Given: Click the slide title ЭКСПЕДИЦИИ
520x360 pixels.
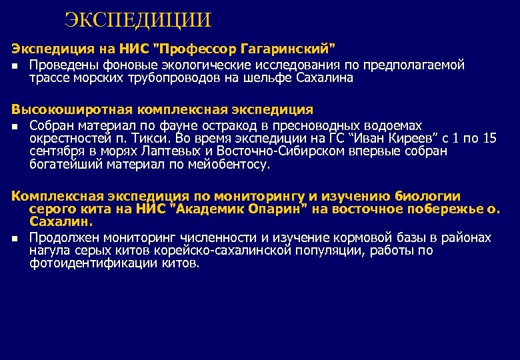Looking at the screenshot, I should tap(138, 19).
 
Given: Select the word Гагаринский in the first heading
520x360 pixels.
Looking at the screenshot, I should tap(287, 48).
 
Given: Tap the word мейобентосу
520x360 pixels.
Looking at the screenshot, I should tap(231, 164).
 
